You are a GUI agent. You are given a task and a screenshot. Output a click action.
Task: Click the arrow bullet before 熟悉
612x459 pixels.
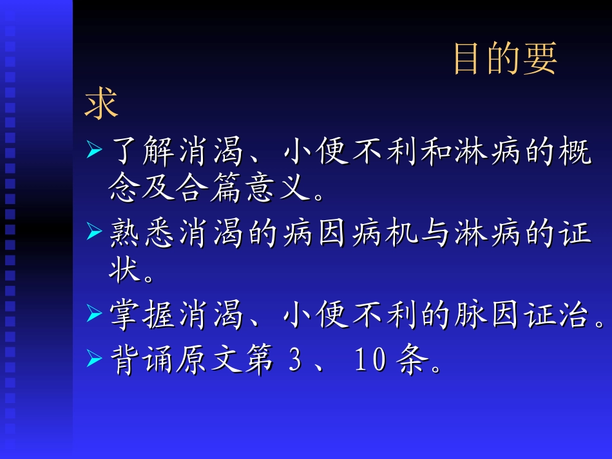coord(94,231)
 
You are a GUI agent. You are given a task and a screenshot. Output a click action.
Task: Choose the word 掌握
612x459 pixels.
coord(144,316)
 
